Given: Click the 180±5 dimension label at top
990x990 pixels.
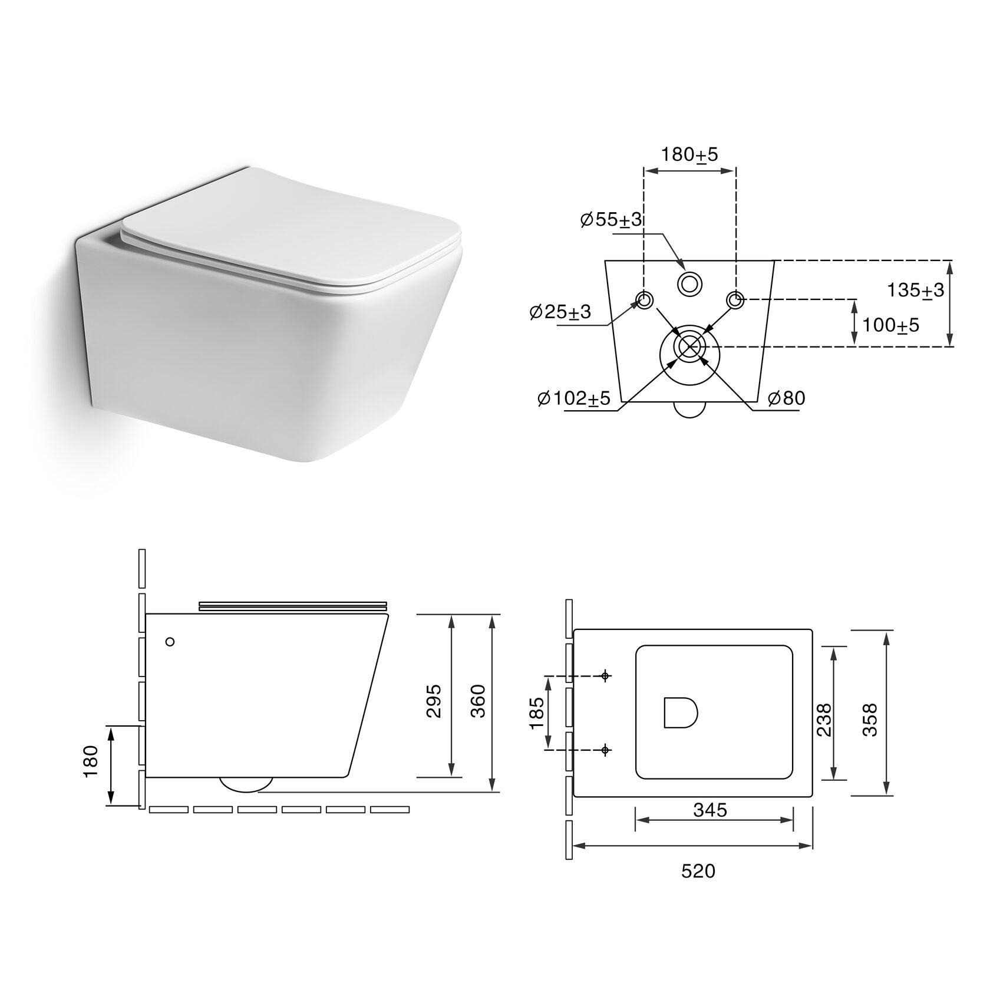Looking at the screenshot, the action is tap(689, 155).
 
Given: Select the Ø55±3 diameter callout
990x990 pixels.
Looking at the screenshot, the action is tap(610, 220).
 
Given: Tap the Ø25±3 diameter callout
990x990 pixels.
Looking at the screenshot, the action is tap(560, 312).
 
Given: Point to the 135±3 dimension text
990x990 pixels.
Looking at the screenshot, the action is tap(916, 290).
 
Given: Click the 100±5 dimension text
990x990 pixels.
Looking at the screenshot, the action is tap(890, 325).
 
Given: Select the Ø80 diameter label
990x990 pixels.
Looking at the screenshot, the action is tap(786, 398).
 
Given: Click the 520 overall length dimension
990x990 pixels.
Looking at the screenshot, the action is tap(698, 870).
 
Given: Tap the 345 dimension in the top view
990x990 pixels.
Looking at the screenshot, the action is tap(709, 810).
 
